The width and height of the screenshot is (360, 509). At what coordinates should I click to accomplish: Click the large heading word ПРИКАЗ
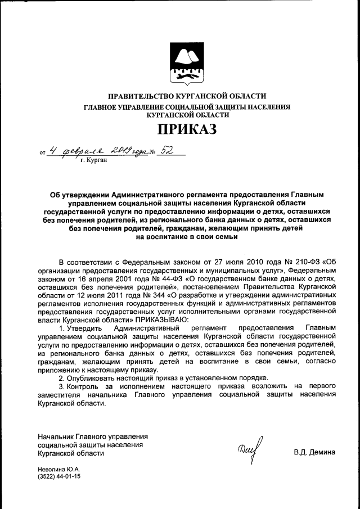pos(179,130)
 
